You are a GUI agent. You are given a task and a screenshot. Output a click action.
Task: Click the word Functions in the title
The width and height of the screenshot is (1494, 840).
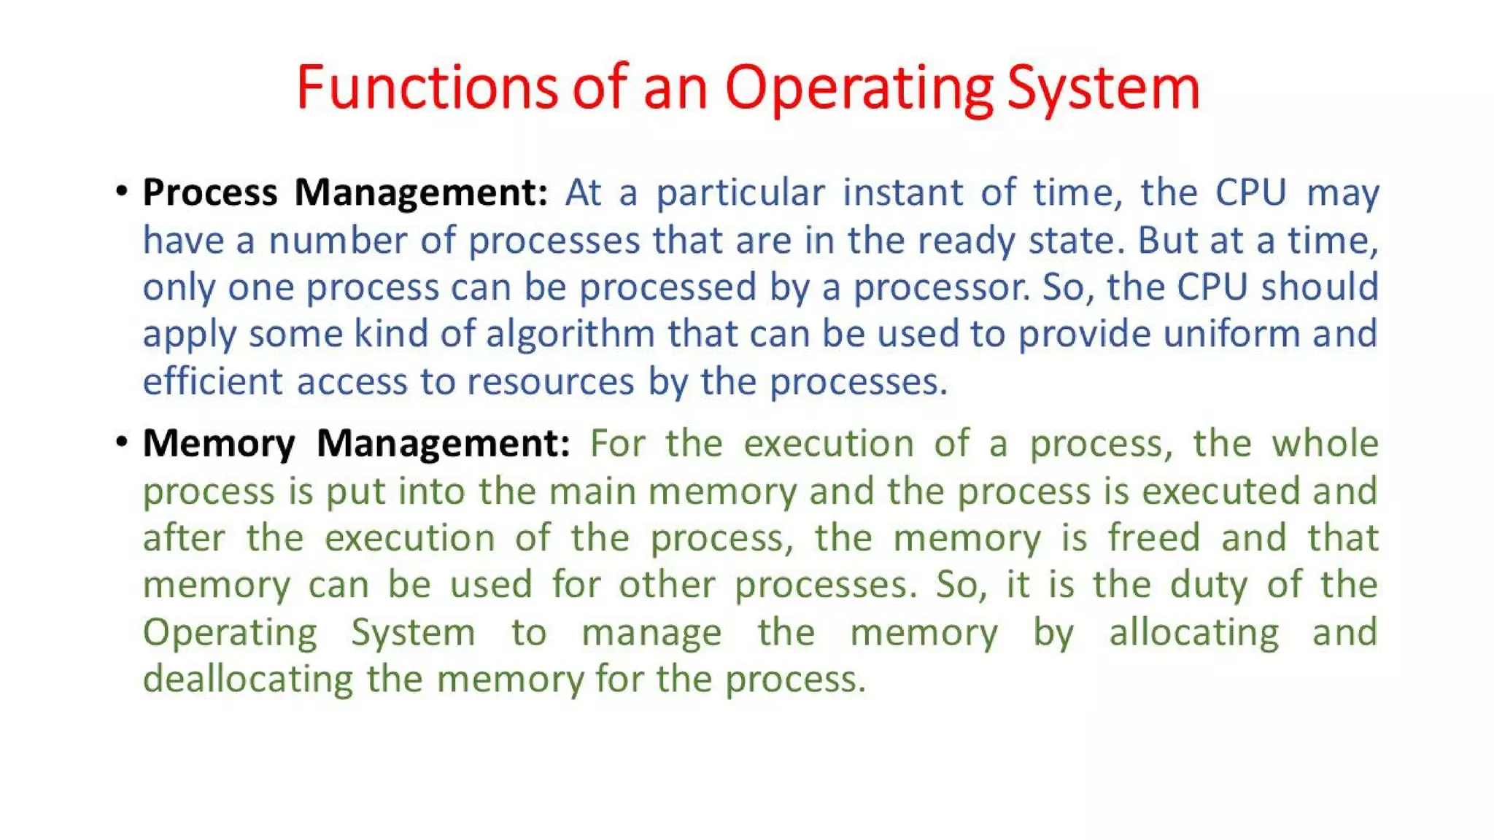[427, 87]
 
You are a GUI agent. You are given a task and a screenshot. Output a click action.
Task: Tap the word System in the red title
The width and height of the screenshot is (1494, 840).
[1103, 87]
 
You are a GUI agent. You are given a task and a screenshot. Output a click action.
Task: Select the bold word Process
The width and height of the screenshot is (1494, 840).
[210, 193]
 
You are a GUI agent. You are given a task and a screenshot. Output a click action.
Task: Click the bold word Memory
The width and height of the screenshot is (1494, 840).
[219, 443]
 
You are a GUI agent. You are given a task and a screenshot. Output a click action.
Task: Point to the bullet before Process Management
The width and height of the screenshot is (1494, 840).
[122, 192]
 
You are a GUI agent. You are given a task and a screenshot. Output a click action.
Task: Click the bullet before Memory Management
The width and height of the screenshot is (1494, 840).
[122, 442]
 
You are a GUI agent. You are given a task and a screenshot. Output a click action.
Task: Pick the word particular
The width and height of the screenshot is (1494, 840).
[740, 193]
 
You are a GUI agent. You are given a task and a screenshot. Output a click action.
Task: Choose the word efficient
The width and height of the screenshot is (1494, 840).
[212, 381]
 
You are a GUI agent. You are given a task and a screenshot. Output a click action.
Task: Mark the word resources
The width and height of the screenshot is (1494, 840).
[550, 381]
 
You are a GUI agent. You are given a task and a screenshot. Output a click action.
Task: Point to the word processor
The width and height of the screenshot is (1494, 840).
[942, 287]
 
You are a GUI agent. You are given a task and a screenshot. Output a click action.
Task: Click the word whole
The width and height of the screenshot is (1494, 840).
[1325, 443]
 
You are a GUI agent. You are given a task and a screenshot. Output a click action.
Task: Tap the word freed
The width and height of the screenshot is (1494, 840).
[1154, 538]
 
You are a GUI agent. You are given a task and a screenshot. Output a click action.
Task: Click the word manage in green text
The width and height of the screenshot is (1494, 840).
[651, 632]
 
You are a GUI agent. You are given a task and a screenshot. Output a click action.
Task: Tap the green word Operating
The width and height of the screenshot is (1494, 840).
[230, 632]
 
